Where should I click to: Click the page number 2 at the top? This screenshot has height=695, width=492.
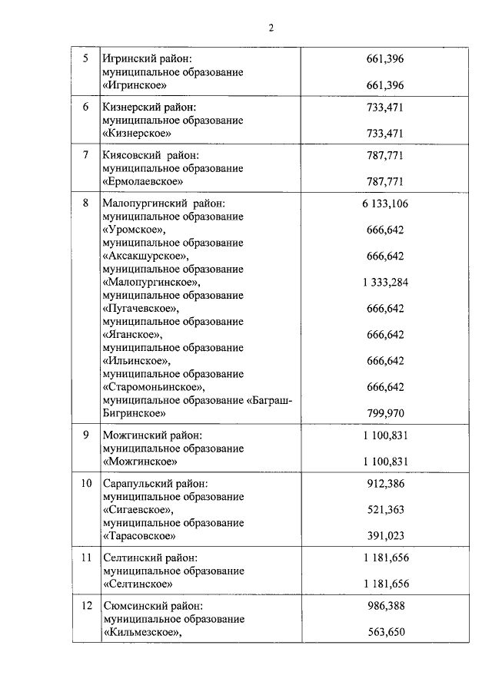271,28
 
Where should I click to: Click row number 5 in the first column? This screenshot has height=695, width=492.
85,58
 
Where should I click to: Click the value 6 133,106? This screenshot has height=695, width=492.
385,204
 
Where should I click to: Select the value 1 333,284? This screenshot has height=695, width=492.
385,282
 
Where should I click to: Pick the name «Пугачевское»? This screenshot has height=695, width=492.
140,308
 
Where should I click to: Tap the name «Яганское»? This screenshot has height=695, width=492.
132,334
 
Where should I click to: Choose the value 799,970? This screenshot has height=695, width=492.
385,412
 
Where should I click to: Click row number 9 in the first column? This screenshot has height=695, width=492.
85,435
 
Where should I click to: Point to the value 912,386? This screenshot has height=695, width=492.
385,483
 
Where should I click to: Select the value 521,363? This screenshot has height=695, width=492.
385,509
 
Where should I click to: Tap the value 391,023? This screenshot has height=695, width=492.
385,535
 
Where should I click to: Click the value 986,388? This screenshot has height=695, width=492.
385,606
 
